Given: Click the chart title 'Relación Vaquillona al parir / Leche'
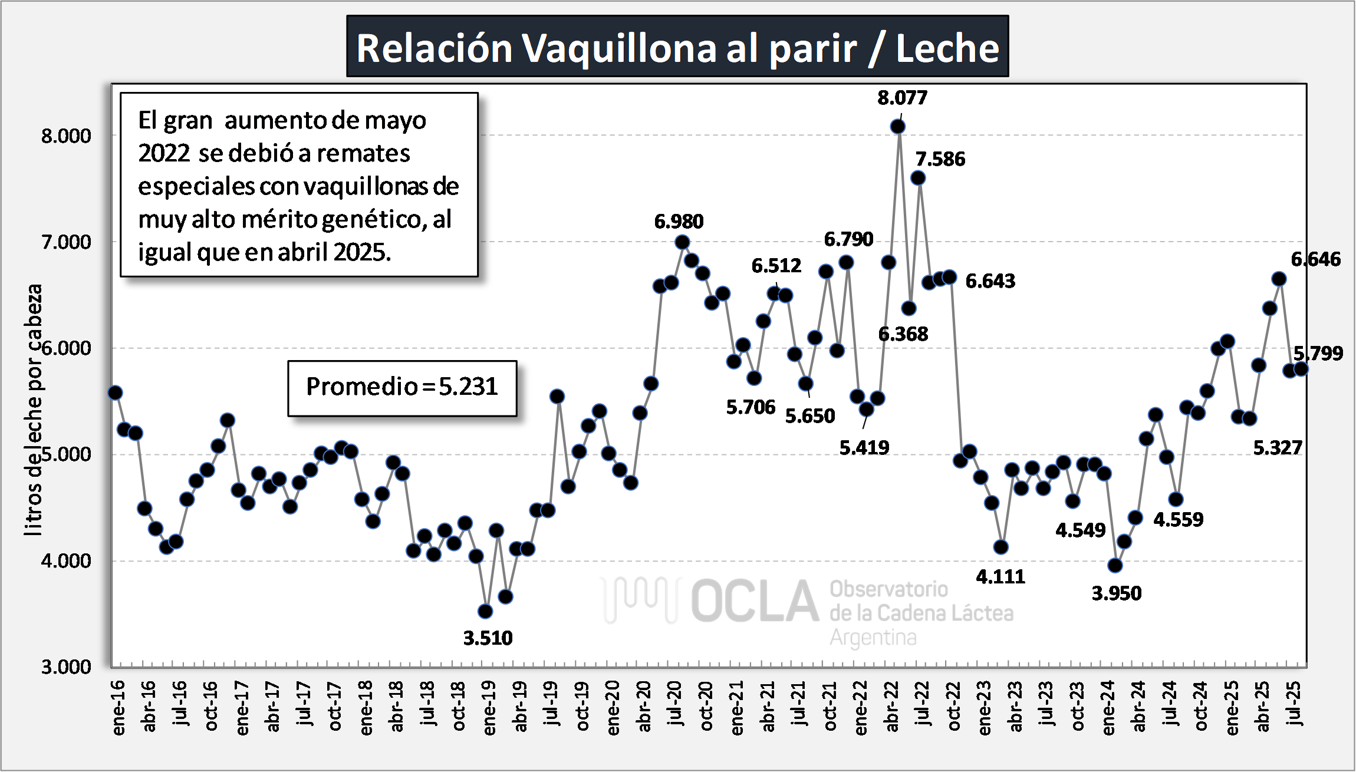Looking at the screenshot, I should tap(677, 47).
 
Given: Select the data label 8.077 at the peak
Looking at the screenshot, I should tap(902, 97).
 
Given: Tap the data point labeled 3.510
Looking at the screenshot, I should tap(485, 611).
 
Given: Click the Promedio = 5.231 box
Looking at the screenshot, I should tap(402, 387).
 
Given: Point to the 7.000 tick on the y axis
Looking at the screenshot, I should tap(66, 242).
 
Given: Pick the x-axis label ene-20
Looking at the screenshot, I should tap(613, 707).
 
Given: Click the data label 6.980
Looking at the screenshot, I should tap(679, 222).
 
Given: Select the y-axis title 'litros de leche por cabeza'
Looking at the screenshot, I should tap(34, 410).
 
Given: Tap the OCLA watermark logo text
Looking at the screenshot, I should tap(755, 601).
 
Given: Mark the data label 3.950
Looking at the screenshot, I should tap(1116, 593).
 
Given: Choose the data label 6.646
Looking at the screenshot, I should tap(1315, 259).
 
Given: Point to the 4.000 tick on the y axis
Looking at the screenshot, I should tap(66, 560).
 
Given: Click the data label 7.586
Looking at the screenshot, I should tap(940, 159).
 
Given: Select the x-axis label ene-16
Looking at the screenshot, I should tap(119, 707).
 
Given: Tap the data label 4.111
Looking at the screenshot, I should tap(1000, 576).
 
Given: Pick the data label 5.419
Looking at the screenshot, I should tap(864, 448).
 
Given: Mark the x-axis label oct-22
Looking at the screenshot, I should tap(954, 706).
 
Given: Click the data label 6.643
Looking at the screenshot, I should tap(990, 281).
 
